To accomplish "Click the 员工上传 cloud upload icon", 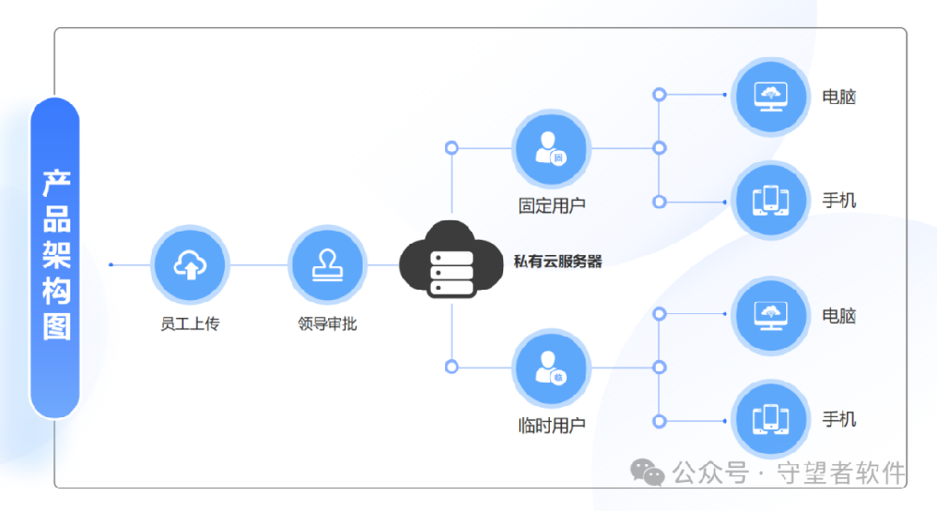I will tap(190, 265).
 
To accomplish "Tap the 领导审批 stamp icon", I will tap(327, 265).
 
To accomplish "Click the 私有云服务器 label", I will tap(558, 262).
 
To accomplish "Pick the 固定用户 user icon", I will tap(552, 148).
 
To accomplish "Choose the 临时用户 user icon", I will tap(552, 368).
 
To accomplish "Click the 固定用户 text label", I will tap(552, 205).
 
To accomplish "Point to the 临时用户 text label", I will tap(552, 425).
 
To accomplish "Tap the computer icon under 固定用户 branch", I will tap(771, 96).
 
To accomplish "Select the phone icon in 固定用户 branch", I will tap(771, 201).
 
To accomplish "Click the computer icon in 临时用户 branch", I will tap(771, 315).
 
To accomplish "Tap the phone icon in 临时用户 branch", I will tap(771, 419).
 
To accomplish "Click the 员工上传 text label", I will tap(190, 324).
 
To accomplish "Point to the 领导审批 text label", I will tap(327, 324).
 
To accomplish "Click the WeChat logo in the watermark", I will tap(647, 472).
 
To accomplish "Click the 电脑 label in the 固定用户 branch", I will tap(839, 97).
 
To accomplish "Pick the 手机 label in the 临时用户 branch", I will tap(839, 419).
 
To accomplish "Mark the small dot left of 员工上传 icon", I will tap(111, 265).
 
